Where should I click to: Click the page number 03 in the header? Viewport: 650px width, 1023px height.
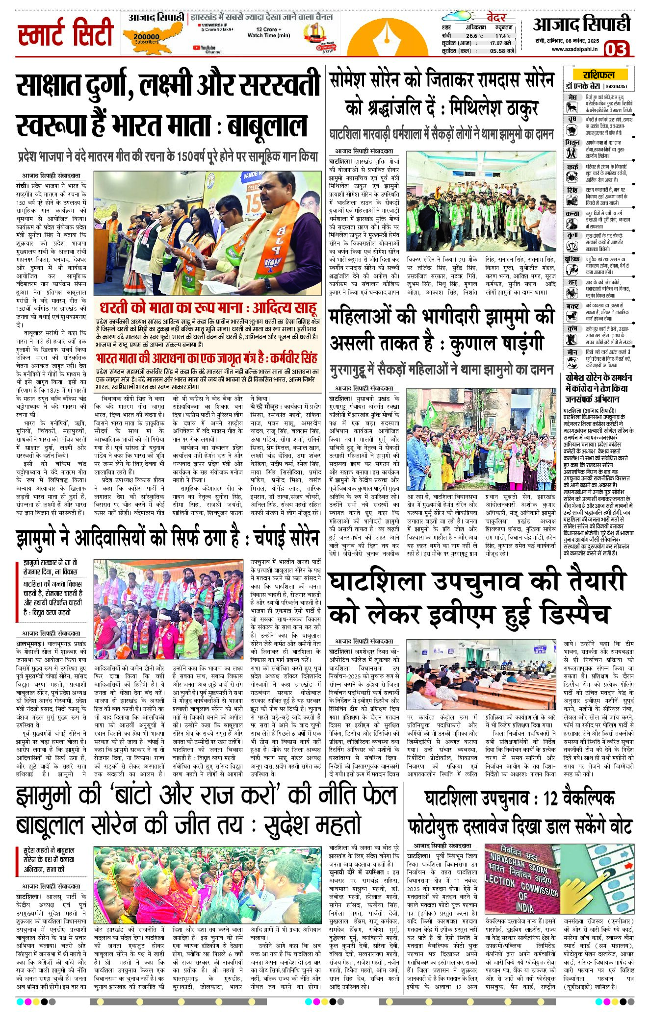click(x=615, y=49)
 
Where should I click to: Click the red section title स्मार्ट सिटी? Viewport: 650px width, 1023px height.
click(x=65, y=33)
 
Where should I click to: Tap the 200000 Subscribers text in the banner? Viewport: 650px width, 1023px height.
click(x=146, y=38)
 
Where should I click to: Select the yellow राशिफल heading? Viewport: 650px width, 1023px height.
click(x=598, y=75)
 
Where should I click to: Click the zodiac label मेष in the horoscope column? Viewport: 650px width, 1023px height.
click(x=572, y=98)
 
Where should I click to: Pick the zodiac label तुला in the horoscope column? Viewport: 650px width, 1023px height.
click(x=572, y=236)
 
